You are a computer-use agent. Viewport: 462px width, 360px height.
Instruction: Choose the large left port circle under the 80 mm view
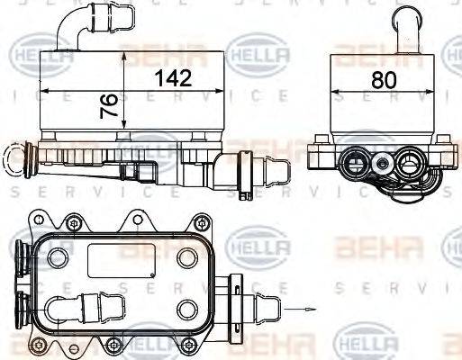(355, 164)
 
